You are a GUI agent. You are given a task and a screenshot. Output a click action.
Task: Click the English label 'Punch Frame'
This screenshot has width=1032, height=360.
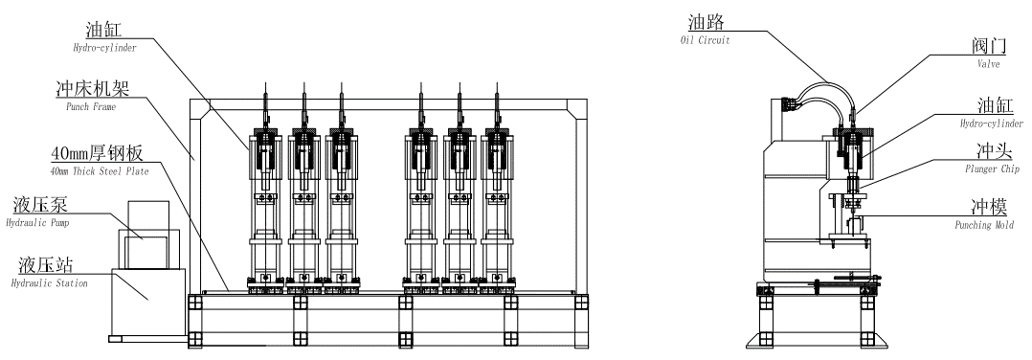[90, 106]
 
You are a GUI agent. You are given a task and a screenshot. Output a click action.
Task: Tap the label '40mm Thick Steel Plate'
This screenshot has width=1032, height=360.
[100, 171]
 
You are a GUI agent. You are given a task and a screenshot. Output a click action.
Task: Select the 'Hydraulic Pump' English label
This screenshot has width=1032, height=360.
[37, 223]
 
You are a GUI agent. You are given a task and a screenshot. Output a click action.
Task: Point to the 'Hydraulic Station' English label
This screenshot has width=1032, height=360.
[50, 283]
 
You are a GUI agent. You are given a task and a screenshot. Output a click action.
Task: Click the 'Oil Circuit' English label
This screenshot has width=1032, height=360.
[705, 41]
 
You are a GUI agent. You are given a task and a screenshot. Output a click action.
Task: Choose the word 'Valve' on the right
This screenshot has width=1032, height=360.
[989, 64]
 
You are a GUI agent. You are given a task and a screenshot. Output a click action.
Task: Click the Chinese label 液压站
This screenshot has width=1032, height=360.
[45, 266]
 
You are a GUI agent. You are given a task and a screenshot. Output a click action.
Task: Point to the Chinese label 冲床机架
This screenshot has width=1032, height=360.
[92, 89]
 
